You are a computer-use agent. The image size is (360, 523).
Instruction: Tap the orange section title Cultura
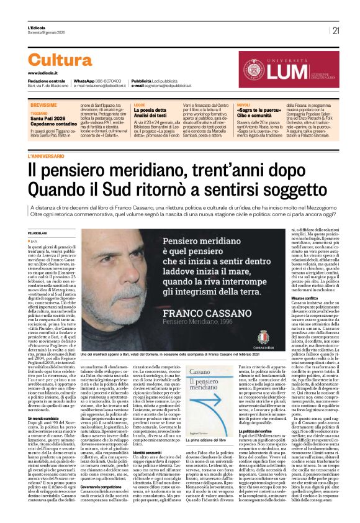coord(60,60)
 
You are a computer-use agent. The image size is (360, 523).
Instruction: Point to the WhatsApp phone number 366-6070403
coord(109,81)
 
